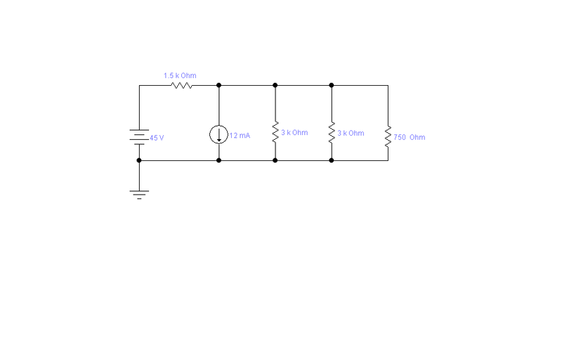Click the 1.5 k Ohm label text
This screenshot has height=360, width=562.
180,76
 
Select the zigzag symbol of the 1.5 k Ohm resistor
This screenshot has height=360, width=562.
182,85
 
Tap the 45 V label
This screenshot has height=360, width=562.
157,138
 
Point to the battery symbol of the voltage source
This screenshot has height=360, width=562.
139,137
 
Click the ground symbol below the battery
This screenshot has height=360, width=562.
139,194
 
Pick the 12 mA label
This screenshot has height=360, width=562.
240,136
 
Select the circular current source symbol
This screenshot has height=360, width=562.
218,134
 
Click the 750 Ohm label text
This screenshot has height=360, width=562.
410,137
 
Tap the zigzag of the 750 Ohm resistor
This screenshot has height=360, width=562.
388,136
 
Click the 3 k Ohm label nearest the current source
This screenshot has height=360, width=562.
294,133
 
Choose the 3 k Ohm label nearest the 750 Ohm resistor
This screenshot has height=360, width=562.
351,133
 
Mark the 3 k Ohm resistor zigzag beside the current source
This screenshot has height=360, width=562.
275,131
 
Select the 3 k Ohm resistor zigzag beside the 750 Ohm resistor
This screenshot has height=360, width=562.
332,132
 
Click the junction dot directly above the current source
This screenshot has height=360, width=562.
218,85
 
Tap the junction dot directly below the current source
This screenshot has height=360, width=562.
218,160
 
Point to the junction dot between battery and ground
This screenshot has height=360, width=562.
139,160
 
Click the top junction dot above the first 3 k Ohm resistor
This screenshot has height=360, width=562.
275,85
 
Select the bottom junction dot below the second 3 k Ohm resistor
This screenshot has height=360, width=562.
331,160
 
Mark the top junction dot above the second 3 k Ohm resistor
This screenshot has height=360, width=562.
331,85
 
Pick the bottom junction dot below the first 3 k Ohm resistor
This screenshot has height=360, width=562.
275,160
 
